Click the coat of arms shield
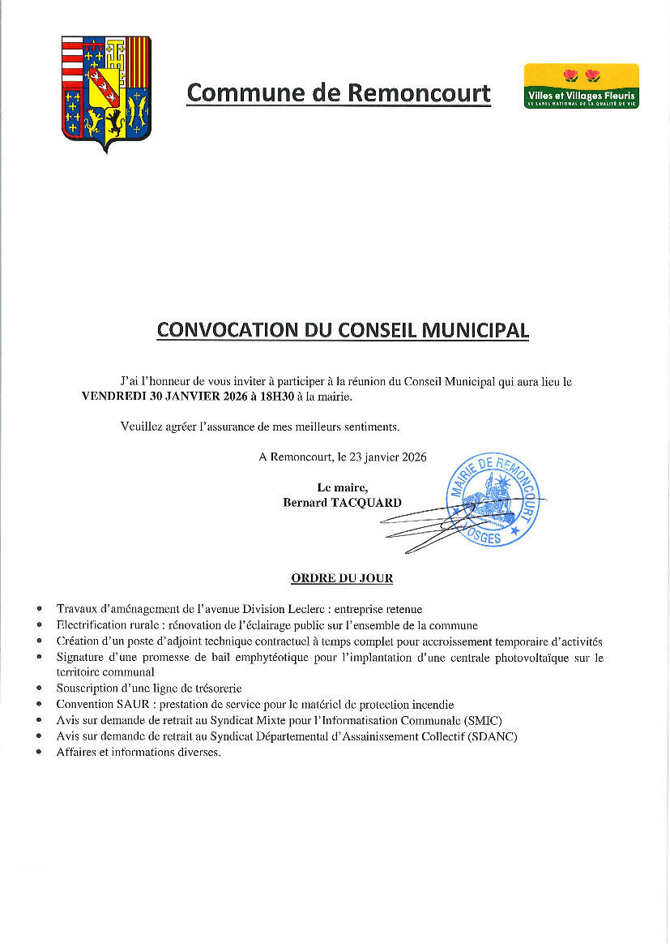106,92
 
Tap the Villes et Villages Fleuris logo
581,86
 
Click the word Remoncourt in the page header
419,93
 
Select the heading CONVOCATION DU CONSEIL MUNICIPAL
343,330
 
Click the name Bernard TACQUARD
342,503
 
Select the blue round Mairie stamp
493,500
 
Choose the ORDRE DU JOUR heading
342,578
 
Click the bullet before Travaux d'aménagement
40,609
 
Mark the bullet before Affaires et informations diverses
40,753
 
